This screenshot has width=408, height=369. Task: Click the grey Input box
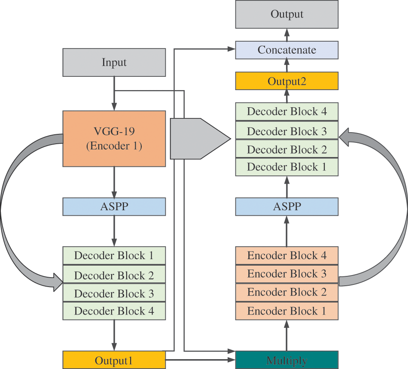[x=114, y=62]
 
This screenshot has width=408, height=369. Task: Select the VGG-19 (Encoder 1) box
[x=114, y=139]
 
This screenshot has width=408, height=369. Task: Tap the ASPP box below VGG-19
[x=114, y=206]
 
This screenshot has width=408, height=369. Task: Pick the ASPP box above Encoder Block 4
[x=287, y=206]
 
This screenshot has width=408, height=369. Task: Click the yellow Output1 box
[x=114, y=360]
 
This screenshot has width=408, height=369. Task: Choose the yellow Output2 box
[x=287, y=81]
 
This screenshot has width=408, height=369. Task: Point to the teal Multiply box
[x=287, y=360]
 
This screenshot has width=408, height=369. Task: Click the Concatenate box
[x=287, y=50]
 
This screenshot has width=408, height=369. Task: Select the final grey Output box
[x=287, y=14]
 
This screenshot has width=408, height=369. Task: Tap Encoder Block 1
[x=287, y=311]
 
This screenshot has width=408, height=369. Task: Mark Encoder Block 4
[x=287, y=256]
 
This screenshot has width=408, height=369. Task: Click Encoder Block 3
[x=287, y=274]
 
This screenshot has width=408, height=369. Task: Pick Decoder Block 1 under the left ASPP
[x=114, y=256]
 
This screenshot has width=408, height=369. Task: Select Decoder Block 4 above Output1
[x=114, y=311]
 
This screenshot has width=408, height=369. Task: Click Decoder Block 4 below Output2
[x=287, y=112]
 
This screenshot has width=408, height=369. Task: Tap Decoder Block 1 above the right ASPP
[x=287, y=167]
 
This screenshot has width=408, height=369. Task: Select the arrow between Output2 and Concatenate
[x=287, y=66]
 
